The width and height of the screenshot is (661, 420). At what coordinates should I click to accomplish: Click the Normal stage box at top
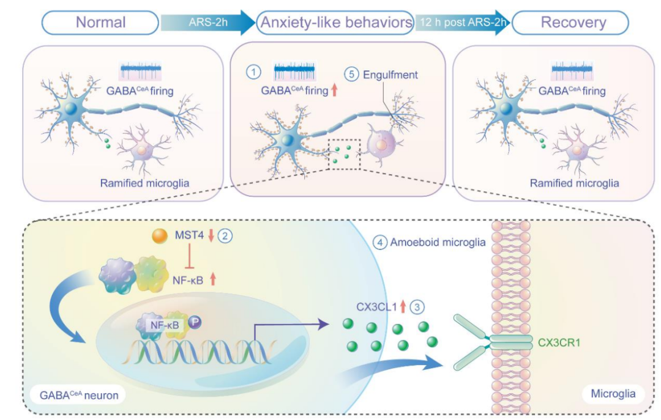101,23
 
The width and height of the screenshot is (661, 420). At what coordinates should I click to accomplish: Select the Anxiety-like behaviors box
336,23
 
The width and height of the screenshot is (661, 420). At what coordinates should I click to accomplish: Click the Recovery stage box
570,23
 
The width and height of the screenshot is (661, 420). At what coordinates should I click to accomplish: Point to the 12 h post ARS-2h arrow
463,23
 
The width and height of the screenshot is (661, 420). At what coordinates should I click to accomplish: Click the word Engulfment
390,75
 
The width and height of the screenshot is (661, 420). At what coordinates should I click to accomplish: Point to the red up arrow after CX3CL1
402,305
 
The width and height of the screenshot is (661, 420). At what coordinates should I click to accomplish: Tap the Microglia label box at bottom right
613,394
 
